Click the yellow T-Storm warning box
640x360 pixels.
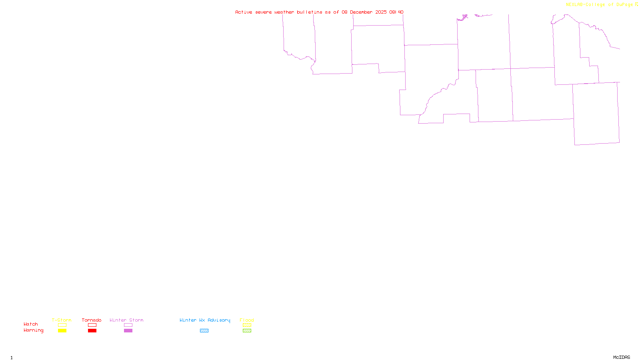[x=62, y=331]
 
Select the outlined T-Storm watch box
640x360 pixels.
[x=62, y=325]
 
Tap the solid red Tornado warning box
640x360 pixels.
[x=92, y=331]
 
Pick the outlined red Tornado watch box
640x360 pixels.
[x=92, y=325]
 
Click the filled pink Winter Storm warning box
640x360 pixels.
[x=128, y=331]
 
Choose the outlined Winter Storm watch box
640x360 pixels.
[x=128, y=325]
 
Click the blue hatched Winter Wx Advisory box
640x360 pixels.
[x=204, y=331]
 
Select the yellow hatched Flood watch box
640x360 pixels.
[x=247, y=325]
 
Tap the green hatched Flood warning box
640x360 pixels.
[x=247, y=331]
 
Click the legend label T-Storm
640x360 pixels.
[x=62, y=320]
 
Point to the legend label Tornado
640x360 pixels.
[x=92, y=320]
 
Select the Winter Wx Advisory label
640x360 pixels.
[x=205, y=320]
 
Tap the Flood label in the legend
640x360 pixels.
[x=247, y=320]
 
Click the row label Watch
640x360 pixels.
[x=31, y=324]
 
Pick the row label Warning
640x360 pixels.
[x=33, y=330]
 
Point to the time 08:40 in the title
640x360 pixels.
[x=396, y=12]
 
